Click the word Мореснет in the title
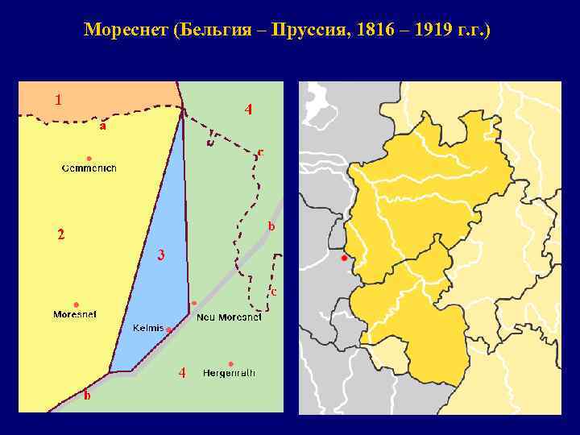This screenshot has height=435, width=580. coord(122,31)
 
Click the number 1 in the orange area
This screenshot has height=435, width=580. coord(58,100)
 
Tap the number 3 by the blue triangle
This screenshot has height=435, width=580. coord(161,255)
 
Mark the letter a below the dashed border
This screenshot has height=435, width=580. coord(102,126)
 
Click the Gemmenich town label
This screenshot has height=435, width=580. coord(89,168)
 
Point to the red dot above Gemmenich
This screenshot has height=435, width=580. coord(89,157)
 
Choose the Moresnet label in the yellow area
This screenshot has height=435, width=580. coord(75,314)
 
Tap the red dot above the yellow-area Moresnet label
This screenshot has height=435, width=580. coord(76,304)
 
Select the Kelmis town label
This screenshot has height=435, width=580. coord(148,329)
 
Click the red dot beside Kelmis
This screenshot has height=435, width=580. coord(169,329)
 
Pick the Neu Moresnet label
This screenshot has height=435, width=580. coord(229,317)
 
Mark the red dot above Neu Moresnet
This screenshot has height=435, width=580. coord(194,304)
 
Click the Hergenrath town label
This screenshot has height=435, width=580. coord(229,373)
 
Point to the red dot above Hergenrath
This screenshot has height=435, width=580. coord(231,363)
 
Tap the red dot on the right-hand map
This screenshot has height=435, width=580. coord(344,259)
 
